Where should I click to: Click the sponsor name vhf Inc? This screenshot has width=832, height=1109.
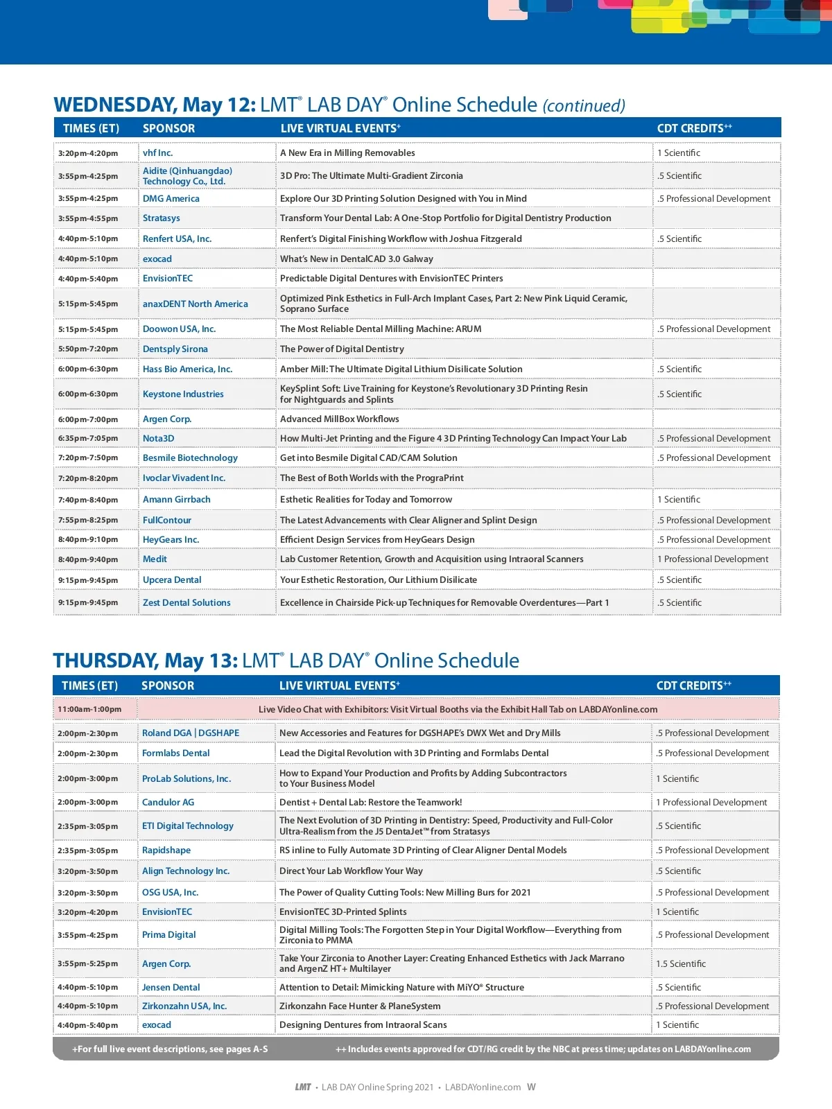point(157,153)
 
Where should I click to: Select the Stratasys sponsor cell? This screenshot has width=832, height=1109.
point(161,218)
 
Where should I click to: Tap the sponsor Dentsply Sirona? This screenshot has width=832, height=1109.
point(175,349)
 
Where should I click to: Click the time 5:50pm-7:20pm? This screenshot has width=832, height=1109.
point(88,349)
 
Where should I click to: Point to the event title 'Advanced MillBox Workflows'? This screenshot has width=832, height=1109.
point(339,419)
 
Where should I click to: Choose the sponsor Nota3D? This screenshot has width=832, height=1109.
point(158,439)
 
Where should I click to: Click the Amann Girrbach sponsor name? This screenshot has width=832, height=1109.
point(176,500)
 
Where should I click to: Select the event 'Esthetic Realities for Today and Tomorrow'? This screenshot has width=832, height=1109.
point(365,500)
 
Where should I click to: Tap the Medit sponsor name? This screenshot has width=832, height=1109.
point(155,559)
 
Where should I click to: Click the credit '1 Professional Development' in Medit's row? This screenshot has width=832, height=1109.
point(713,559)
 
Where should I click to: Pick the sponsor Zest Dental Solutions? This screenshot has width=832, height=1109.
point(187,603)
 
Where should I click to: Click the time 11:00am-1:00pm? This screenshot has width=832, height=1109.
point(89,710)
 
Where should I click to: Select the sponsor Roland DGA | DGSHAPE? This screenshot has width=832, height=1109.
point(191,733)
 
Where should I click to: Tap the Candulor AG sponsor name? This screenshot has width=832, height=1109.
point(168,803)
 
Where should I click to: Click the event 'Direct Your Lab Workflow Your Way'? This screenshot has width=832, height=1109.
point(351,871)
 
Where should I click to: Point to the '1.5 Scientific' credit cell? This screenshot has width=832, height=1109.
point(681,964)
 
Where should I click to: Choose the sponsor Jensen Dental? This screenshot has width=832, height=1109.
point(171,988)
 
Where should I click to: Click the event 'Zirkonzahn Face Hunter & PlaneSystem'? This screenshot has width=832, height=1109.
point(360,1006)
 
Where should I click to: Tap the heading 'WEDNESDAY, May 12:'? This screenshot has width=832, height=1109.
point(155,105)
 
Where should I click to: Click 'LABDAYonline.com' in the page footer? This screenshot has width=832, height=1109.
point(483,1088)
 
